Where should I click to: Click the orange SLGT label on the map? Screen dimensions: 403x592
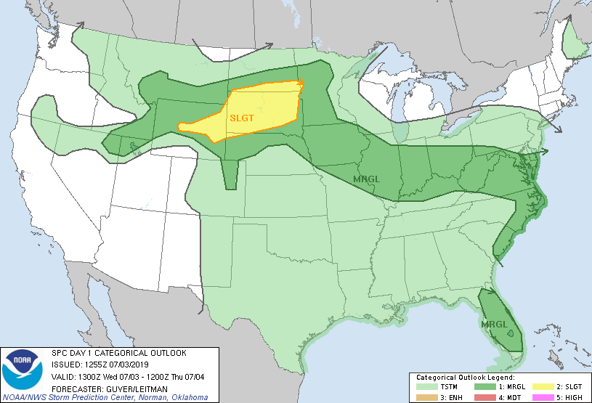[x=243, y=117]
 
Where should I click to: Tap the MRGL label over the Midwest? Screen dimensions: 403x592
[x=366, y=179]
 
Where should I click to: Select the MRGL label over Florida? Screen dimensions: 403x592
[x=495, y=324]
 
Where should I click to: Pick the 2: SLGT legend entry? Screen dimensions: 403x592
[x=570, y=387]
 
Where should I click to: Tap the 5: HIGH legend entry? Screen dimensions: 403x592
[x=570, y=396]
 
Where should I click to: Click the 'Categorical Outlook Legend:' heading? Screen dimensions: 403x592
[x=465, y=378]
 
